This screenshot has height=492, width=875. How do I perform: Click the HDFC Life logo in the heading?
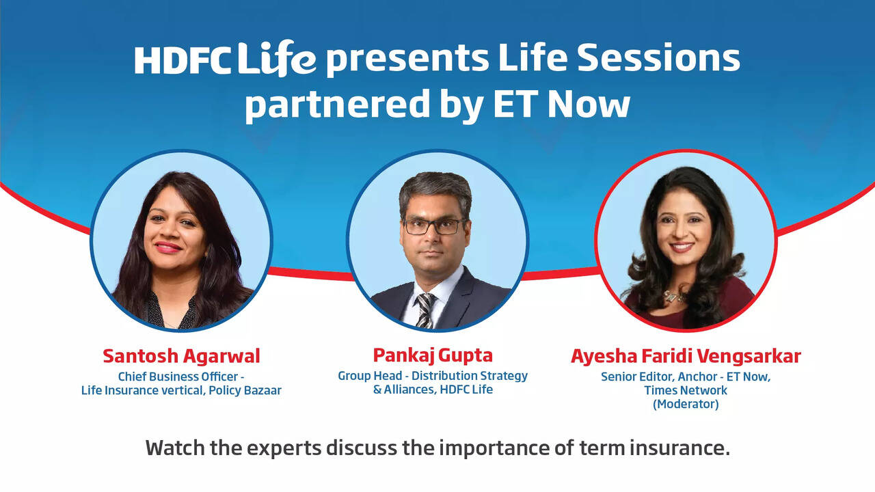[x=225, y=59]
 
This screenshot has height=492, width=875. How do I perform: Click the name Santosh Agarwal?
[x=181, y=356]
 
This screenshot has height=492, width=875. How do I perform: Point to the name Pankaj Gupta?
[x=433, y=355]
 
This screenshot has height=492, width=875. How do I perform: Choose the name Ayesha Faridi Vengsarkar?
[x=686, y=356]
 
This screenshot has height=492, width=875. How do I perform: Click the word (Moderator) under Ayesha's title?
[x=686, y=404]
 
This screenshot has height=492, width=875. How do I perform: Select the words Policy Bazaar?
[x=243, y=390]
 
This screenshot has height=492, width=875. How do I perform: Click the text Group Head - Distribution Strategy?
[x=433, y=376]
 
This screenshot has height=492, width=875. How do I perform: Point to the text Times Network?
[x=686, y=390]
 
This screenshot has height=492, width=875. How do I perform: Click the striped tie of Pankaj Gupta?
[x=425, y=309]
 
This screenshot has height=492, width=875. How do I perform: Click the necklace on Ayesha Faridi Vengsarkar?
[x=674, y=295]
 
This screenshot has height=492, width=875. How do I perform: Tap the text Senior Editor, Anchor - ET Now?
[x=686, y=377]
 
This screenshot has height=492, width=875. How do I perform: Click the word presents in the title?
[x=407, y=59]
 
